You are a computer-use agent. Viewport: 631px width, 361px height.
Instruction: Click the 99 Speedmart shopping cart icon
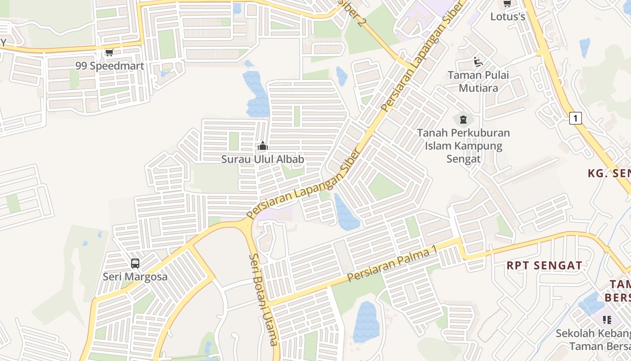(x=109, y=52)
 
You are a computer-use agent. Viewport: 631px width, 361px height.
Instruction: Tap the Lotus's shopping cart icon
(x=507, y=4)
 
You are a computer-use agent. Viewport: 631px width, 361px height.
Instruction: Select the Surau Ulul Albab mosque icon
(x=262, y=146)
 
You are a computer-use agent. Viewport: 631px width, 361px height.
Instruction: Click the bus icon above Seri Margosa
(x=135, y=263)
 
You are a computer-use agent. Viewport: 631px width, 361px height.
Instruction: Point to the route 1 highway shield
(x=575, y=118)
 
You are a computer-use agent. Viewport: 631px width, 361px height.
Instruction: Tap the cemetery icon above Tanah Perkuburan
(x=463, y=120)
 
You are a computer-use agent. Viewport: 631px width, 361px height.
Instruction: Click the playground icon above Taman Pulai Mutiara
(x=478, y=61)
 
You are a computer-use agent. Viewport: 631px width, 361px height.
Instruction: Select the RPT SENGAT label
(x=544, y=265)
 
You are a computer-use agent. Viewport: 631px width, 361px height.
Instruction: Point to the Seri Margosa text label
(x=135, y=277)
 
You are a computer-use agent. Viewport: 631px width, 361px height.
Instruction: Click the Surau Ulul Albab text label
(x=262, y=159)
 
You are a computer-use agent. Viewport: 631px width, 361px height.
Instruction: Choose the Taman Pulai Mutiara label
(x=478, y=81)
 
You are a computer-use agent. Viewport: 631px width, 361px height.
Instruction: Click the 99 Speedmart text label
(x=110, y=66)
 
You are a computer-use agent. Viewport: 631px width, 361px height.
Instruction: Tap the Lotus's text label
(x=508, y=17)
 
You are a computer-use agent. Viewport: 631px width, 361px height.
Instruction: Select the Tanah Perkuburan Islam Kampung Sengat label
(x=463, y=146)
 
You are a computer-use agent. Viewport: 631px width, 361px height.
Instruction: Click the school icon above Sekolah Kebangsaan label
(x=607, y=320)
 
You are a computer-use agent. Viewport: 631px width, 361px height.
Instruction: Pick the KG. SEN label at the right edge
(x=609, y=173)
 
